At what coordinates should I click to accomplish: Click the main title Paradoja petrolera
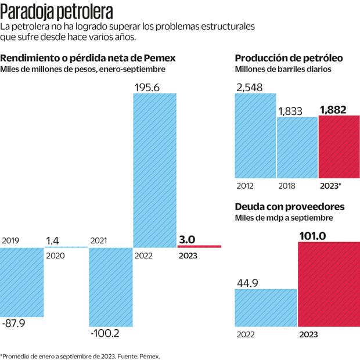[57, 12]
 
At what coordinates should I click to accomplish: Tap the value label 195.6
[147, 87]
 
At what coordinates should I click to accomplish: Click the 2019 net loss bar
[22, 282]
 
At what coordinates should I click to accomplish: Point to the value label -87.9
[14, 323]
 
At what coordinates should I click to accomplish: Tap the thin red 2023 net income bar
[199, 247]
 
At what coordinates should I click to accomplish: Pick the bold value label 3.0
[187, 239]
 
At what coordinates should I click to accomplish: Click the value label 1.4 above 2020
[52, 239]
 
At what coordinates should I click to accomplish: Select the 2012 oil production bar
[255, 135]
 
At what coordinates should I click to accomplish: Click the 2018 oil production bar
[297, 147]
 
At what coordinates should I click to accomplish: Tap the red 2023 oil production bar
[339, 147]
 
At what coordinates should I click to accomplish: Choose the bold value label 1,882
[333, 110]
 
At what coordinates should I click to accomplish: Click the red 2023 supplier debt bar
[329, 284]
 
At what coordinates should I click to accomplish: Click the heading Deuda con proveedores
[290, 207]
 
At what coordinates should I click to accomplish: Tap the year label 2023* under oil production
[330, 186]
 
